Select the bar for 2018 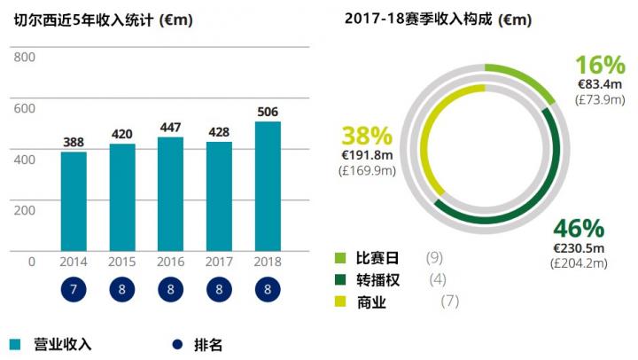(x=268, y=186)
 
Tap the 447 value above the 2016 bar (x=170, y=127)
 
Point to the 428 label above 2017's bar (x=219, y=132)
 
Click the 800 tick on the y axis (x=25, y=58)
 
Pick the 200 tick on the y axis (x=25, y=210)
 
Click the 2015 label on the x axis (x=122, y=262)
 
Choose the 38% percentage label (x=367, y=137)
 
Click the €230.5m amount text (x=579, y=248)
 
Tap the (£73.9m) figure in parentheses (x=600, y=98)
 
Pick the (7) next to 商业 (x=451, y=302)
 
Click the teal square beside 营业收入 (x=16, y=343)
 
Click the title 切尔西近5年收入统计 (x=84, y=19)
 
